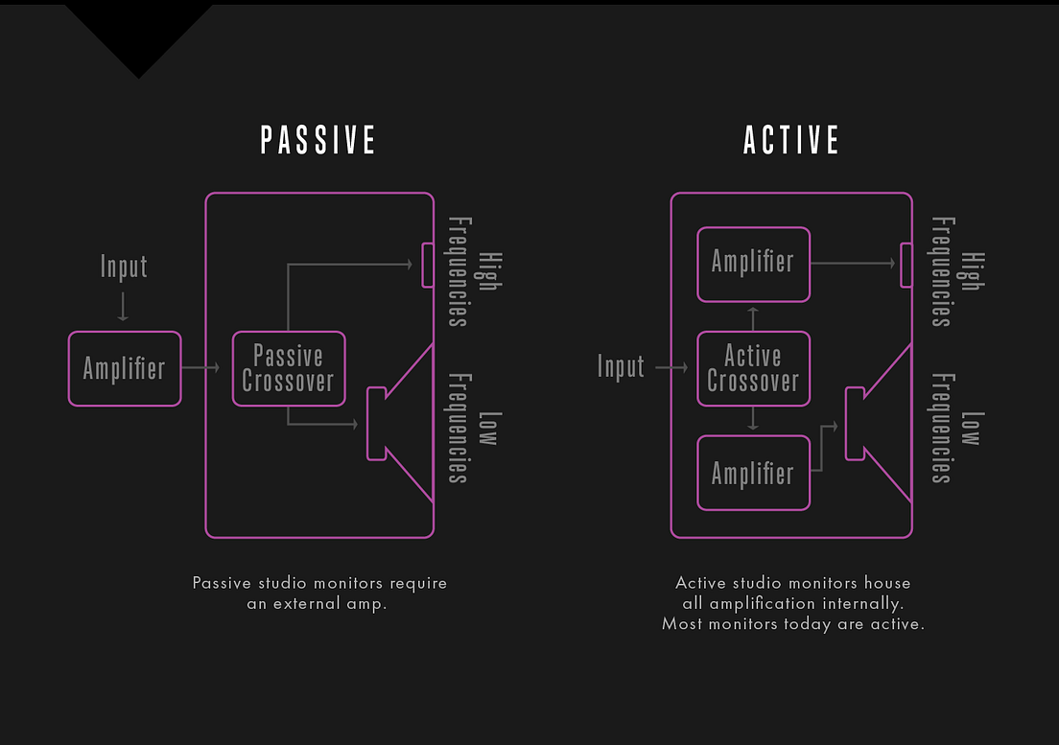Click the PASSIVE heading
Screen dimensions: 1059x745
318,140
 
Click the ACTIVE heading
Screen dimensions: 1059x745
790,140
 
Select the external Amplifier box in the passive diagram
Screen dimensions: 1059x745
125,368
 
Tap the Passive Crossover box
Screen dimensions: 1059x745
289,368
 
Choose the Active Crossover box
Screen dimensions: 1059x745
754,368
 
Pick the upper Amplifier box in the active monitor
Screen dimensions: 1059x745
754,265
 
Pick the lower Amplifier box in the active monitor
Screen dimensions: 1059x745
754,473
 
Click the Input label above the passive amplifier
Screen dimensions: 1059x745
124,267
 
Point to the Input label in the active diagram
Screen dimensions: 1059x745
621,366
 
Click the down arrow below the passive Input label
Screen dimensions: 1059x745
123,307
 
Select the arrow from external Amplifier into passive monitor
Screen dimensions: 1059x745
200,368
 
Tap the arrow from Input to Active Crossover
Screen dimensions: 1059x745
671,367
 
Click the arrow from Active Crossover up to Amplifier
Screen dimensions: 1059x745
753,318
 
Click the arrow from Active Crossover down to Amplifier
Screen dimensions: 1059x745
753,418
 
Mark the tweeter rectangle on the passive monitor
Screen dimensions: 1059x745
428,266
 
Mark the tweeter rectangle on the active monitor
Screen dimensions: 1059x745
906,266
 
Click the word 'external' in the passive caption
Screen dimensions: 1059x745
306,603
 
